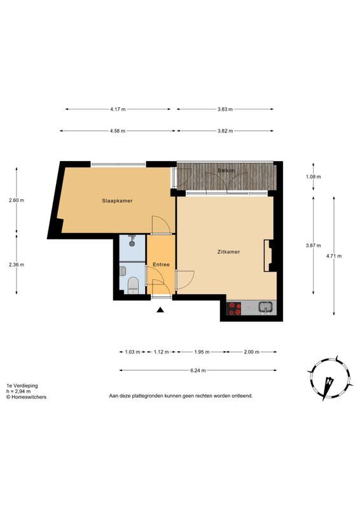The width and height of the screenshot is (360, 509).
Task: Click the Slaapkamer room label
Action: coord(117,200)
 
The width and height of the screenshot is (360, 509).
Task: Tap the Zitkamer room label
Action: coord(228,251)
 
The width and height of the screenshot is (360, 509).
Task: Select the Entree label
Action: coord(161,265)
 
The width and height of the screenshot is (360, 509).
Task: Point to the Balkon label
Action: coord(226,170)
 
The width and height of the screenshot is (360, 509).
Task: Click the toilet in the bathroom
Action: coord(133,285)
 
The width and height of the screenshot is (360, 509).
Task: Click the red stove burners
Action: coord(235,309)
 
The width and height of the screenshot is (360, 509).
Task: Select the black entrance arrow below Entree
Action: coord(160,310)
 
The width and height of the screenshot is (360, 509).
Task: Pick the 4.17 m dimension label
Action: coord(118,109)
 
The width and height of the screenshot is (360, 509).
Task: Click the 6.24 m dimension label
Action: coord(198,370)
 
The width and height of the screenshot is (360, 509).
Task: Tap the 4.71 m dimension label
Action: coord(334,256)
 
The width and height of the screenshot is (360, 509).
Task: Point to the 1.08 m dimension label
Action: coord(314,177)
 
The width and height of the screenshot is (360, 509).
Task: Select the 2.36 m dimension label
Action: coord(17,265)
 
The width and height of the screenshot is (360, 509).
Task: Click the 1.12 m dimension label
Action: coord(161,352)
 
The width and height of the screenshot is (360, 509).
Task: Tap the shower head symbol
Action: coord(132,241)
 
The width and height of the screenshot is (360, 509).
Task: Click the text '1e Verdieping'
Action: coord(22,386)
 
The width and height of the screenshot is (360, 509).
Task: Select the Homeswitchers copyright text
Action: coord(26,396)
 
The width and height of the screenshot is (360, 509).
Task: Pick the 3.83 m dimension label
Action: coord(225,109)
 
